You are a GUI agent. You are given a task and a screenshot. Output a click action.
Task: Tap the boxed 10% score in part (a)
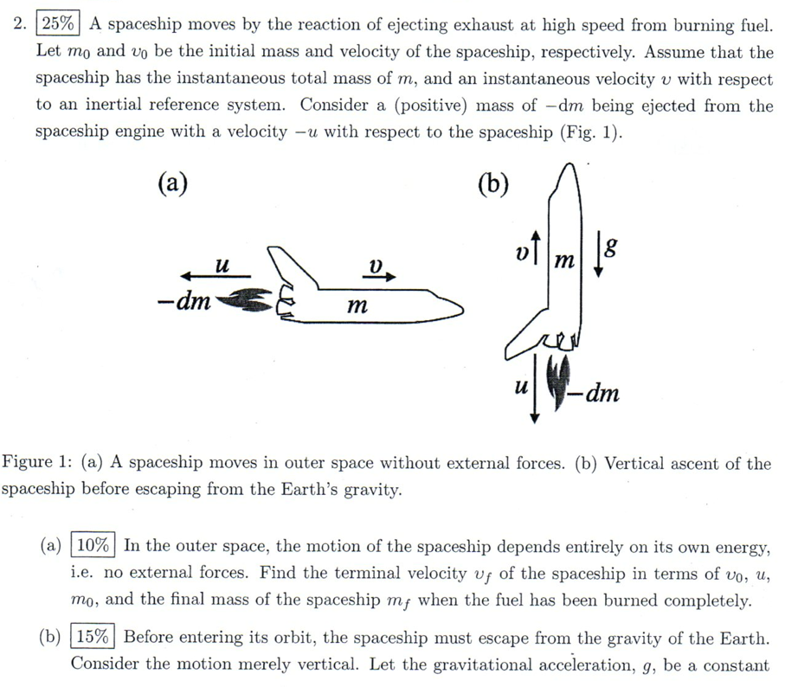pos(94,546)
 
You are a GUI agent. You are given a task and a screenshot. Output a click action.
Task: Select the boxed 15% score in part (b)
pos(94,638)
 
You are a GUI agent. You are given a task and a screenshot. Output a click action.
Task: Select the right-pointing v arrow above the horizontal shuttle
pos(379,277)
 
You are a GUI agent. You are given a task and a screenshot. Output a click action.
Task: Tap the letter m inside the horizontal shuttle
pos(356,305)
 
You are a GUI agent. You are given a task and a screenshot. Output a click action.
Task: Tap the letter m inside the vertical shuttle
pos(563,259)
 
